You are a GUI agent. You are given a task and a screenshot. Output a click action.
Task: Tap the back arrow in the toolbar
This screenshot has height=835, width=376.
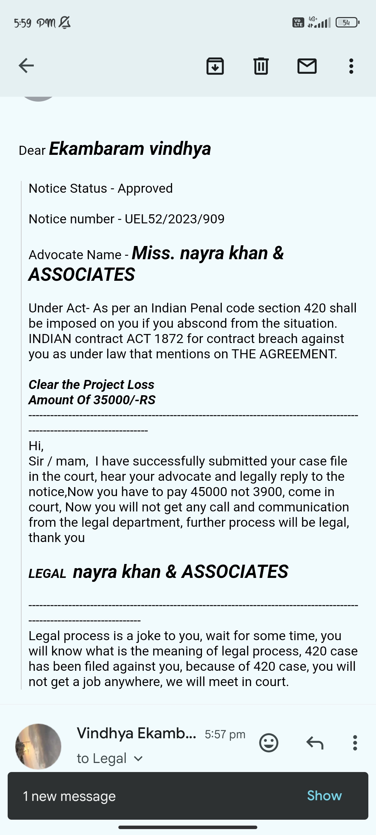point(26,65)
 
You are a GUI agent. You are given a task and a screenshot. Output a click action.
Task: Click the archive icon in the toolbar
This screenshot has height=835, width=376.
point(215,66)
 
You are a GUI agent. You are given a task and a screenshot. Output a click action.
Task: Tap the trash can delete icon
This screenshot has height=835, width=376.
point(261,66)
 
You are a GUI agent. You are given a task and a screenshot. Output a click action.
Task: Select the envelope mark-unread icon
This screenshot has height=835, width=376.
point(307,66)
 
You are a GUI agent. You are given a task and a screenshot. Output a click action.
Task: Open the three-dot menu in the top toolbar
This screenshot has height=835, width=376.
point(351,66)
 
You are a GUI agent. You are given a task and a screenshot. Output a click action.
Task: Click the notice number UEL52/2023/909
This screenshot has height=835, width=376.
point(174,219)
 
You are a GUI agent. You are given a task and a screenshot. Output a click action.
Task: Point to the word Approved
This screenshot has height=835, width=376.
point(145,188)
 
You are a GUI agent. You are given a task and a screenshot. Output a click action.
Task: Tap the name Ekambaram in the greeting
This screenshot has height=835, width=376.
point(96,149)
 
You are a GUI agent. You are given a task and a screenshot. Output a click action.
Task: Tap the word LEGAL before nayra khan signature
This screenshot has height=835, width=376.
point(47,574)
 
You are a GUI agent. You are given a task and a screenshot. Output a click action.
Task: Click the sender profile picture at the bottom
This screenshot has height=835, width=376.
point(38,746)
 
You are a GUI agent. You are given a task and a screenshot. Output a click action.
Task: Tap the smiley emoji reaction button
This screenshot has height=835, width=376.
point(269,743)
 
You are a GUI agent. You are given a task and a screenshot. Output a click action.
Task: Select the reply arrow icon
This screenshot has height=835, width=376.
point(315,743)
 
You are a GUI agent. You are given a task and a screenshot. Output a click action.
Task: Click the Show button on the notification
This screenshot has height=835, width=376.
point(324,796)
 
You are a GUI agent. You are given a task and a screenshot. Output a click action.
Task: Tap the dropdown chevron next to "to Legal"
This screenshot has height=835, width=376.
point(138,758)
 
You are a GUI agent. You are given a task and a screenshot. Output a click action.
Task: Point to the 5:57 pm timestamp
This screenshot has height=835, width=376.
point(225,734)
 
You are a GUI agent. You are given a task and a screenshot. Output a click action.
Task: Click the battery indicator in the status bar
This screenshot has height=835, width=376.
point(347,23)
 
